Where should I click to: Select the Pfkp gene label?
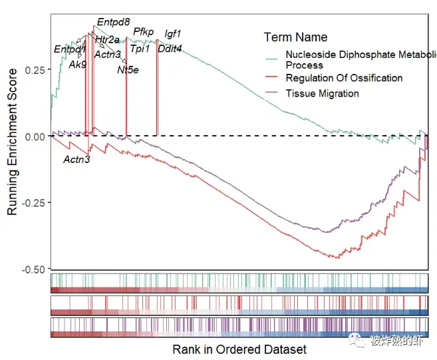pos(143,31)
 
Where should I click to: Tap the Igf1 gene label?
pos(173,33)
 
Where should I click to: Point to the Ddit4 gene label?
pos(170,48)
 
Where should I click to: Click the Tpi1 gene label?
pos(140,48)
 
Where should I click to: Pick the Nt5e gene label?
pos(128,69)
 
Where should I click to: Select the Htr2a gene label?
pos(107,40)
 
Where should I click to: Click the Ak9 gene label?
pos(78,65)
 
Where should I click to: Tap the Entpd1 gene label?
pos(70,49)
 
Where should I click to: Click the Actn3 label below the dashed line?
pos(76,159)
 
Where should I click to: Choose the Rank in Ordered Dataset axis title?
pos(239,349)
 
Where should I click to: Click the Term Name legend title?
pos(295,37)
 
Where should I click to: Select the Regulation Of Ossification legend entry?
pos(344,78)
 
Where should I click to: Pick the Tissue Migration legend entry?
pos(322,93)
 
